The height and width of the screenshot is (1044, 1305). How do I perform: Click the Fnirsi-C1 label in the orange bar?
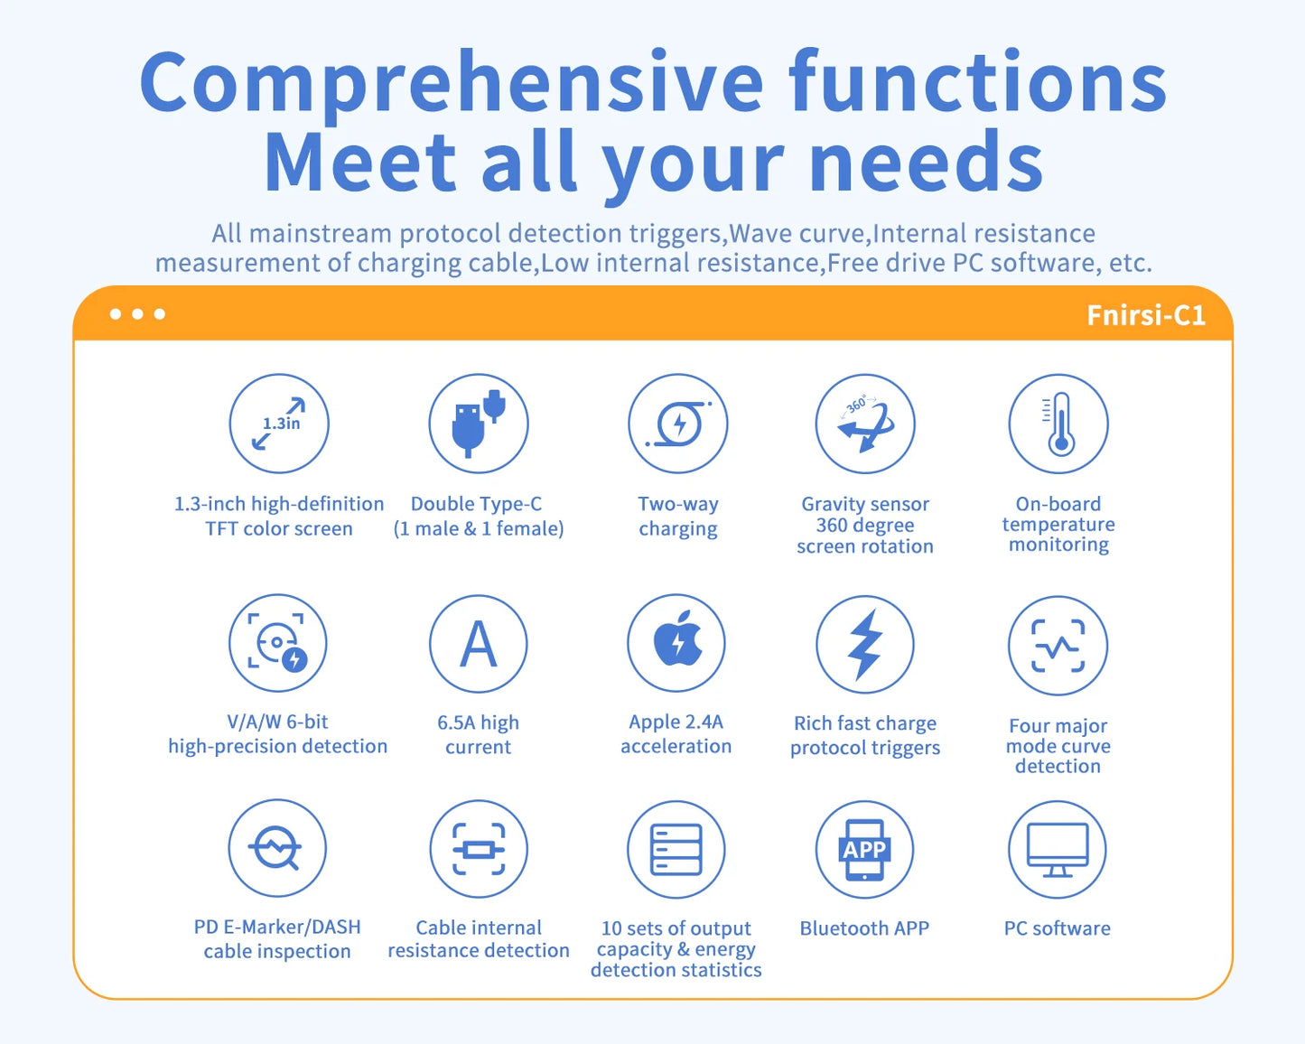coord(1145,315)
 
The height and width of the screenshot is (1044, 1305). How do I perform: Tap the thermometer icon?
coord(1058,424)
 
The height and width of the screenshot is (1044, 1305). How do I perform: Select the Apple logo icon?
coord(676,642)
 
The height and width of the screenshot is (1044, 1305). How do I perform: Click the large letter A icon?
coord(478,644)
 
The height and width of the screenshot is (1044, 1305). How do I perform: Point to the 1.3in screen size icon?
coord(279,424)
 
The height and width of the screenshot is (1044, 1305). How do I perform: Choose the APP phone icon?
coord(864,849)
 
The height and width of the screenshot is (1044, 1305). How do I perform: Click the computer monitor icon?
coord(1058,849)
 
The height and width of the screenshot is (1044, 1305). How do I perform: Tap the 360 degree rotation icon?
coord(865,424)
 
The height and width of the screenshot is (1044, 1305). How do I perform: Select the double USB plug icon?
coord(478,424)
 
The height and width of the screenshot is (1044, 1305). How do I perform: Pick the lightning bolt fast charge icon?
coord(865,644)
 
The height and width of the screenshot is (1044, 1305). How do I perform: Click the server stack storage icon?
coord(676,849)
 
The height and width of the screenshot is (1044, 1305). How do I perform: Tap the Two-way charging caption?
coord(678,516)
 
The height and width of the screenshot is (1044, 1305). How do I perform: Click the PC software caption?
coord(1058,928)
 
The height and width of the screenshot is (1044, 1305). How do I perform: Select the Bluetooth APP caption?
coord(864,928)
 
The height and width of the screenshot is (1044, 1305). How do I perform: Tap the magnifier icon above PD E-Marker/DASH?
coord(277,848)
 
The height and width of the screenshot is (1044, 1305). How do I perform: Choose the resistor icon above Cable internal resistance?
coord(479,849)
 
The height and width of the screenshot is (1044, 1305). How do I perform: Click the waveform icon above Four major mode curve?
coord(1058,646)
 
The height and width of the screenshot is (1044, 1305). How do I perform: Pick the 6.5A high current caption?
coord(478,734)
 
